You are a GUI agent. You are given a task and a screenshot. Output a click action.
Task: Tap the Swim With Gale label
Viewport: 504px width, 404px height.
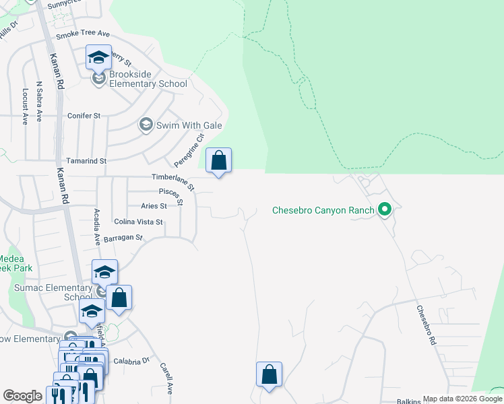pos(189,125)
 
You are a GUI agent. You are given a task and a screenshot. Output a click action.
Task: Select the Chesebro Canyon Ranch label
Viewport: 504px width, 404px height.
pos(323,210)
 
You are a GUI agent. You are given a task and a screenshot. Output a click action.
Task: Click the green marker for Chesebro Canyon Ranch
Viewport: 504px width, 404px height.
pos(385,210)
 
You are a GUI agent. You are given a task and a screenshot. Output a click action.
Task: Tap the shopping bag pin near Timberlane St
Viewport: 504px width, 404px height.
pos(218,162)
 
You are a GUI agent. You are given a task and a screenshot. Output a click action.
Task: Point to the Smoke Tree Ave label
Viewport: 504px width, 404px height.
pos(83,34)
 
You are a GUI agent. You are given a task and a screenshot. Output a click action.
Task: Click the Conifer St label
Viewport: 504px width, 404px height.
pos(84,116)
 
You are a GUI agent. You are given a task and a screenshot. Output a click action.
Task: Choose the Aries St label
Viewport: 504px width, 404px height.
pos(153,206)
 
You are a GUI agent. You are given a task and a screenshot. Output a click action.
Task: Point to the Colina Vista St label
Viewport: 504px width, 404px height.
pos(139,222)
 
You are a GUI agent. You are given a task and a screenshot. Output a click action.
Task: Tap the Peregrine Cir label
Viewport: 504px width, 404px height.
pos(189,151)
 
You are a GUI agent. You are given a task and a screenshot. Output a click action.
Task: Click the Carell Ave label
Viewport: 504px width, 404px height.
pos(166,378)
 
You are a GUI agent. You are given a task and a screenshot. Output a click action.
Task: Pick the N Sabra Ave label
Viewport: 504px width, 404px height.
pos(40,102)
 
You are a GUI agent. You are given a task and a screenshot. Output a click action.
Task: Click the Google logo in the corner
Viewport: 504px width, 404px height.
pos(22,396)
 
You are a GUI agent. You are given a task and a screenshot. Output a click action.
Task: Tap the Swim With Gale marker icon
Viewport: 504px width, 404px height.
pos(145,125)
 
